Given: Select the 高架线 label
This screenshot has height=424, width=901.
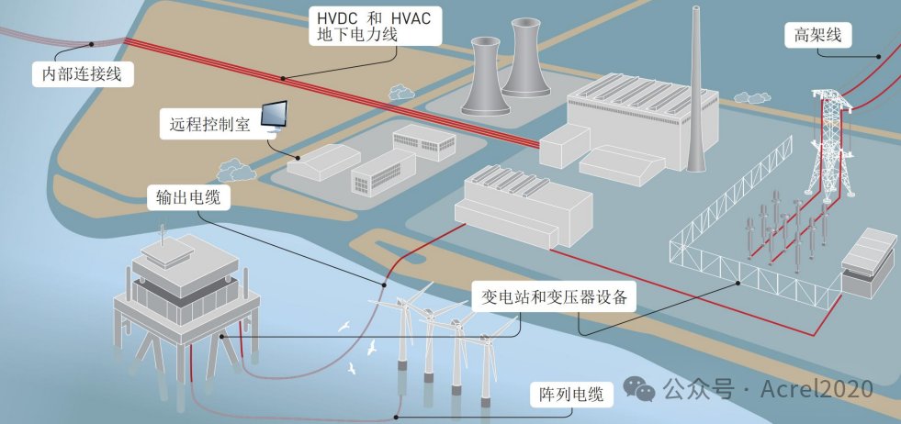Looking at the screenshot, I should tap(817, 36).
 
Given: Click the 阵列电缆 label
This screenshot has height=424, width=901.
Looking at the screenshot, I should tap(570, 396).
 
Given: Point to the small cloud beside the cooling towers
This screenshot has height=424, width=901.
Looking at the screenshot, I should tap(401, 92).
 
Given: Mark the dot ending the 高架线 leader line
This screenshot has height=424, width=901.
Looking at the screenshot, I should tap(879, 56).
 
